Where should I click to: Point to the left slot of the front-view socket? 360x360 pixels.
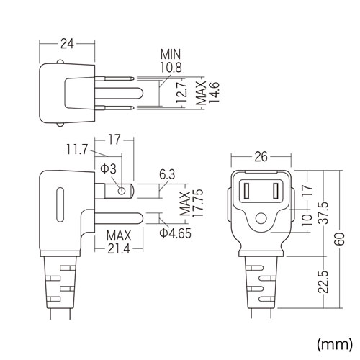[x=248, y=192]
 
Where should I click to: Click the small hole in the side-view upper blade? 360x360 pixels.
[x=122, y=191]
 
